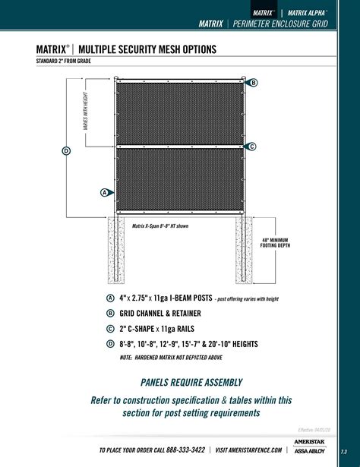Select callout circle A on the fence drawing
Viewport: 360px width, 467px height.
point(104,192)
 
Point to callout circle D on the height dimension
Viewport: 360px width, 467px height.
point(66,150)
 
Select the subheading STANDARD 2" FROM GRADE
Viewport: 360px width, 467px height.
point(68,62)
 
